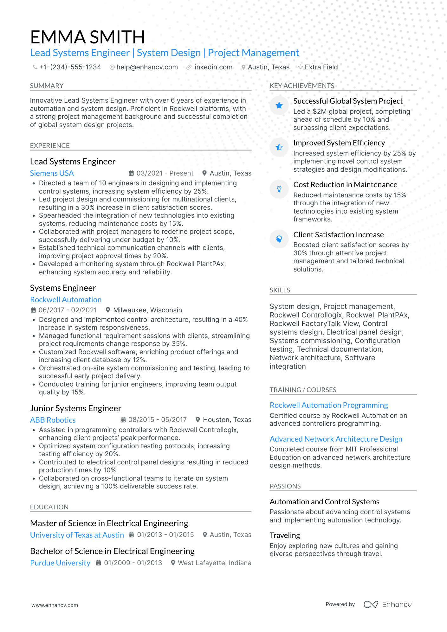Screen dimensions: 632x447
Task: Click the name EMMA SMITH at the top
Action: (x=87, y=37)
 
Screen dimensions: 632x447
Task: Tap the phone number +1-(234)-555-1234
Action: (x=70, y=67)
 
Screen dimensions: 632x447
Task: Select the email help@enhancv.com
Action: (x=147, y=67)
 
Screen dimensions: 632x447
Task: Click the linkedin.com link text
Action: (x=212, y=67)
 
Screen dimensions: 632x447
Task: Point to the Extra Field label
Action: (x=321, y=67)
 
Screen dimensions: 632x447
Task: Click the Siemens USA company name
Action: (x=52, y=173)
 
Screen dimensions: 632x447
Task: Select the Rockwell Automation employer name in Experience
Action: (x=66, y=300)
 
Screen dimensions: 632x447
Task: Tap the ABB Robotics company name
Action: (x=53, y=420)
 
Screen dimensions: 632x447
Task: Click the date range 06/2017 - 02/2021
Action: (x=68, y=310)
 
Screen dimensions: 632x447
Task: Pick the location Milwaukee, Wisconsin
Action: (x=147, y=310)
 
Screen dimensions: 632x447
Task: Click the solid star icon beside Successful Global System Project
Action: (x=279, y=105)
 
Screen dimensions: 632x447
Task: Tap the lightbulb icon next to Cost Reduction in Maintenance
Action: (x=279, y=189)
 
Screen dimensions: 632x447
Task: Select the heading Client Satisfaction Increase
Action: (x=338, y=235)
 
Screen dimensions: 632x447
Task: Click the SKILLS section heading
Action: (x=280, y=290)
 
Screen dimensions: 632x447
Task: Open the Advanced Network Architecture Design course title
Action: (x=336, y=439)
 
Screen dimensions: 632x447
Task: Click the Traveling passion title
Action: (x=285, y=535)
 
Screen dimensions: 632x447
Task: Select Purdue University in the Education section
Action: (x=60, y=563)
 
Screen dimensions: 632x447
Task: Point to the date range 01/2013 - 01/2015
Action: (x=165, y=535)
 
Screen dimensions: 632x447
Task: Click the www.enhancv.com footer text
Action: (x=55, y=605)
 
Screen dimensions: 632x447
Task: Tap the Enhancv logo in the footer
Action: (x=387, y=604)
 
